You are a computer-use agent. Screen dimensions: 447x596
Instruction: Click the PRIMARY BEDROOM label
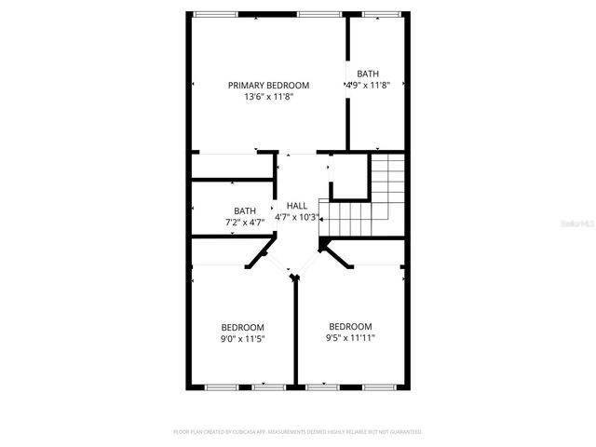pyautogui.click(x=269, y=85)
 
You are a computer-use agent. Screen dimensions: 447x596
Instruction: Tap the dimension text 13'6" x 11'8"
pyautogui.click(x=269, y=97)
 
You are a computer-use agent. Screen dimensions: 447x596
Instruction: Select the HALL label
pyautogui.click(x=297, y=206)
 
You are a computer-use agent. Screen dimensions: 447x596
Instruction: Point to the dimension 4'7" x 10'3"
pyautogui.click(x=297, y=218)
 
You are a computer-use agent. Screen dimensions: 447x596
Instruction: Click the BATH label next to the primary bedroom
pyautogui.click(x=368, y=74)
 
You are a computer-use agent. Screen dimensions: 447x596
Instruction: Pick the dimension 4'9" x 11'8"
pyautogui.click(x=368, y=86)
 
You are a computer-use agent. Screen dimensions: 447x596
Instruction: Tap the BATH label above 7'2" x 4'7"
pyautogui.click(x=245, y=210)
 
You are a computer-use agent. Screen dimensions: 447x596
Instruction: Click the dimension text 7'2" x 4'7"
pyautogui.click(x=245, y=223)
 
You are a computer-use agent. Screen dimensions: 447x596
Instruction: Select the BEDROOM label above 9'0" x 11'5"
pyautogui.click(x=242, y=327)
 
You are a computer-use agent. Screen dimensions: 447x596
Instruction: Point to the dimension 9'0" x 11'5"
pyautogui.click(x=242, y=339)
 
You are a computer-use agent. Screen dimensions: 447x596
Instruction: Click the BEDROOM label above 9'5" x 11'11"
pyautogui.click(x=350, y=326)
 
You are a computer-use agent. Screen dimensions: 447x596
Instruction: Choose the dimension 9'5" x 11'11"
pyautogui.click(x=351, y=338)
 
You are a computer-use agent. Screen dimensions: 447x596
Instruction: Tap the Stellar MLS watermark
pyautogui.click(x=576, y=224)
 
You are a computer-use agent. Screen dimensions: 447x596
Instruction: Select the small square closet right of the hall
pyautogui.click(x=349, y=177)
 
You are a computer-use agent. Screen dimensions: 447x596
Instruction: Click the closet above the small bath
pyautogui.click(x=232, y=166)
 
